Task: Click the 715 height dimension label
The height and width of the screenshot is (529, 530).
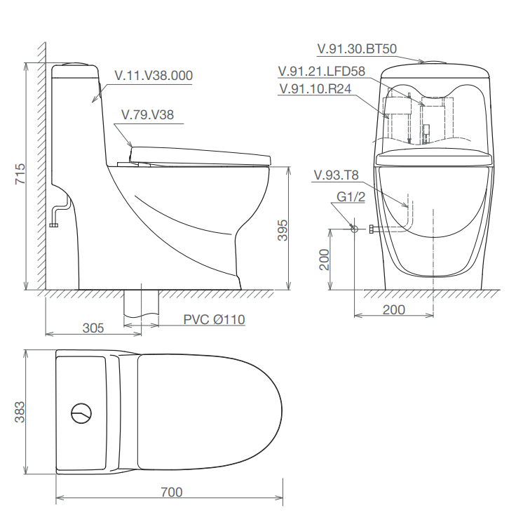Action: pyautogui.click(x=20, y=174)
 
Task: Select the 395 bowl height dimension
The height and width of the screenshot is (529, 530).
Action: pyautogui.click(x=283, y=230)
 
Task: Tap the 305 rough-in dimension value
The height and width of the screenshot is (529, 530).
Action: pyautogui.click(x=93, y=328)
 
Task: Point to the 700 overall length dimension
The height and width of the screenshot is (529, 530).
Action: pyautogui.click(x=172, y=492)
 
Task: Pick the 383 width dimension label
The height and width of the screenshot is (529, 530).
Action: pyautogui.click(x=20, y=412)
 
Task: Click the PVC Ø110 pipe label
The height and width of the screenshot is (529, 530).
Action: pyautogui.click(x=215, y=319)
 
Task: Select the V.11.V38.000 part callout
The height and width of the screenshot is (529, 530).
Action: pyautogui.click(x=154, y=75)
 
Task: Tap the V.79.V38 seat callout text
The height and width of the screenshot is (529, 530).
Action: pyautogui.click(x=148, y=114)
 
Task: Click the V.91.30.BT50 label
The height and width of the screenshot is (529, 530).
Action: pyautogui.click(x=357, y=48)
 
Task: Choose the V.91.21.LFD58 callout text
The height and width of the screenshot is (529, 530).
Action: pyautogui.click(x=322, y=71)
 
